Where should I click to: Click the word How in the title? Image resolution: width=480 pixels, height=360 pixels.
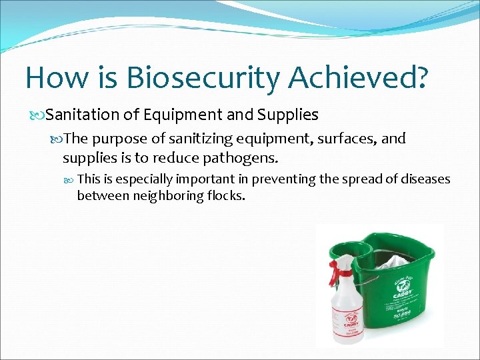(53, 78)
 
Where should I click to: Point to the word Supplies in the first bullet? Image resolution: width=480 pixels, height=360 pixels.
(283, 115)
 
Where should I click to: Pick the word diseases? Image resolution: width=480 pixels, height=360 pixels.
(425, 179)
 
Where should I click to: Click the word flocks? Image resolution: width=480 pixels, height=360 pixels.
(227, 196)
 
